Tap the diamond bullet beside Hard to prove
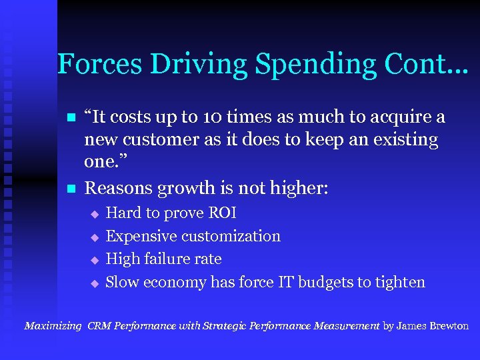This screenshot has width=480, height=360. (x=95, y=214)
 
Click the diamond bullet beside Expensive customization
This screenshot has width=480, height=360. (x=95, y=237)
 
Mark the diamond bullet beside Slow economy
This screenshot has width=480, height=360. (x=95, y=283)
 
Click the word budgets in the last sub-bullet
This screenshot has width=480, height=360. (x=325, y=282)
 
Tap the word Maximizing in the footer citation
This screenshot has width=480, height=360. (x=53, y=327)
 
